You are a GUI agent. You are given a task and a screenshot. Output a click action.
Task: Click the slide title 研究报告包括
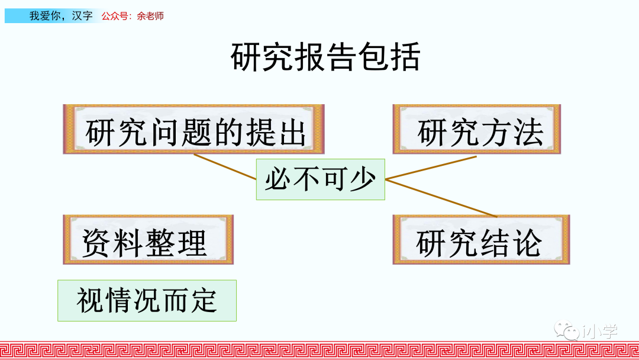(325, 57)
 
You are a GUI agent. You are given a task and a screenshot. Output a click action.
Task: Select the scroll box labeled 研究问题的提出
(193, 130)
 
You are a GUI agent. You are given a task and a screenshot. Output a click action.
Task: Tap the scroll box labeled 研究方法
(476, 130)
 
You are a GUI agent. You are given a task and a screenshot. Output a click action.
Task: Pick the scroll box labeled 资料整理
(148, 240)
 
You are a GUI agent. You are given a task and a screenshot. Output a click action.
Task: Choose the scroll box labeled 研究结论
(480, 240)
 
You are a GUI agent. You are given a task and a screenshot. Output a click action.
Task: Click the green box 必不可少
(320, 179)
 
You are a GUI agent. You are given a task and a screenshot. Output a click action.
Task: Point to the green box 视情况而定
(147, 301)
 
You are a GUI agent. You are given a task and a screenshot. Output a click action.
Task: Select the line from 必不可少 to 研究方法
(431, 168)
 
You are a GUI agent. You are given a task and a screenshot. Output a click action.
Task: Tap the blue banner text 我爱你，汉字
(61, 16)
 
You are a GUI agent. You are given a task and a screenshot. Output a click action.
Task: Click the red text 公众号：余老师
(133, 16)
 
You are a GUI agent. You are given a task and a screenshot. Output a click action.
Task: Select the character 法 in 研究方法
(528, 132)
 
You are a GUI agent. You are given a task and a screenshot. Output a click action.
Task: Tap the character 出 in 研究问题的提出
(291, 132)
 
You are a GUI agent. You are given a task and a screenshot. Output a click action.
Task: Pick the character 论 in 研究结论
(527, 242)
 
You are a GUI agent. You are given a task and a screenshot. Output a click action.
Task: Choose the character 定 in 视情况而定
(204, 301)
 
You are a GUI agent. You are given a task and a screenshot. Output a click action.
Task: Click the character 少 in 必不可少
(362, 179)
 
